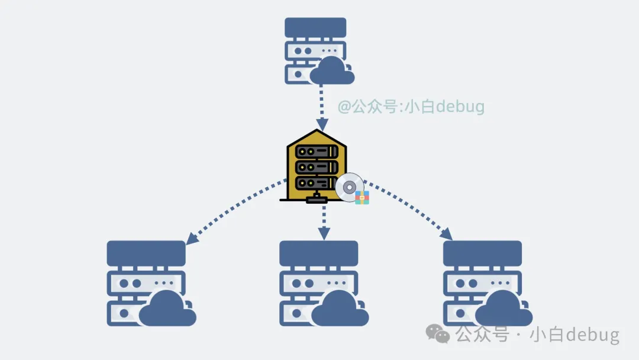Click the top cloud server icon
pyautogui.click(x=315, y=50)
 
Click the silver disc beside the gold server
pyautogui.click(x=349, y=187)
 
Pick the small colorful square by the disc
pyautogui.click(x=362, y=198)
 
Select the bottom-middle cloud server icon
pyautogui.click(x=319, y=283)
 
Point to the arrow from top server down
pyautogui.click(x=321, y=107)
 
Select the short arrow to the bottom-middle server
pyautogui.click(x=323, y=222)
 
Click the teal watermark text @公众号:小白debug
pyautogui.click(x=411, y=107)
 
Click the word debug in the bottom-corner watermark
pyautogui.click(x=592, y=335)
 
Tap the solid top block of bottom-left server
pyautogui.click(x=146, y=253)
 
